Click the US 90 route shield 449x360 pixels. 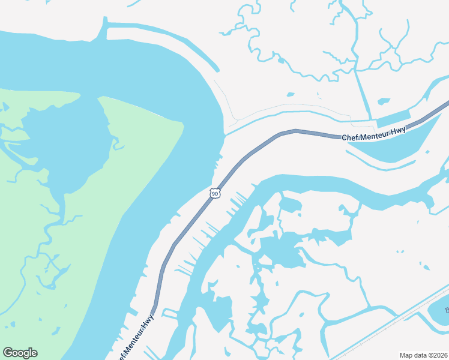pos(215,193)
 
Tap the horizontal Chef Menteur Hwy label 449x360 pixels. pos(373,134)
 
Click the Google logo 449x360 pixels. pos(20,353)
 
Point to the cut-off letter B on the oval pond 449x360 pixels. pos(447,310)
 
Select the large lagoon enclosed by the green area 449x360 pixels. pos(66,144)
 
